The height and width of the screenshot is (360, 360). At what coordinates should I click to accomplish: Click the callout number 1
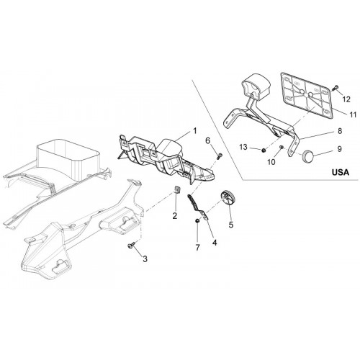tap(195, 131)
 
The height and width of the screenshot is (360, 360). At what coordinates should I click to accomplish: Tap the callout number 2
tap(175, 216)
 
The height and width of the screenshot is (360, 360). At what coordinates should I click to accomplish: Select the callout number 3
tap(145, 259)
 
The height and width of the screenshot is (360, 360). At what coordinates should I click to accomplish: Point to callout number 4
tap(215, 243)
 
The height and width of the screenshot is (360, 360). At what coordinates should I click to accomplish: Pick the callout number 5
tap(231, 225)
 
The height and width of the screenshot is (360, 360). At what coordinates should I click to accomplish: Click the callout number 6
tap(208, 140)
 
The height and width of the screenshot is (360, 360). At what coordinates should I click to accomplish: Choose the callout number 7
tap(197, 248)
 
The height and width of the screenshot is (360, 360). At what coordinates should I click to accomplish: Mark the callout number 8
tap(340, 131)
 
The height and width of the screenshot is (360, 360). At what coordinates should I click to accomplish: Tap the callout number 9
tap(339, 149)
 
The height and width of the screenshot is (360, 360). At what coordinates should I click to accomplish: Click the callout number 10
tap(271, 162)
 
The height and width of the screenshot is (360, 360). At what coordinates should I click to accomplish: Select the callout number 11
tap(353, 114)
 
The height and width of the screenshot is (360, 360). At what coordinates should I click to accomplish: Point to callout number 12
tap(346, 99)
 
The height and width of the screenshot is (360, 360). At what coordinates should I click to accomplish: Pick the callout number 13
tap(243, 147)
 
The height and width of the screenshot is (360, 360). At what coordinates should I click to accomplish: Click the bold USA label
tap(341, 172)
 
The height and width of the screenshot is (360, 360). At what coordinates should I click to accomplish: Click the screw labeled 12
tap(335, 88)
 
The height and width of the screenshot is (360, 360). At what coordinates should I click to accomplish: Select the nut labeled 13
tap(264, 150)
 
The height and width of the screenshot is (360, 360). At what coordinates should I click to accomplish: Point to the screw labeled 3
tap(132, 246)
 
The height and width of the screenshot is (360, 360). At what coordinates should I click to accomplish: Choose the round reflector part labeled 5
tap(228, 197)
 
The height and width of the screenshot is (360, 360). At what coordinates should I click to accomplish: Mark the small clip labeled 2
tap(177, 189)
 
